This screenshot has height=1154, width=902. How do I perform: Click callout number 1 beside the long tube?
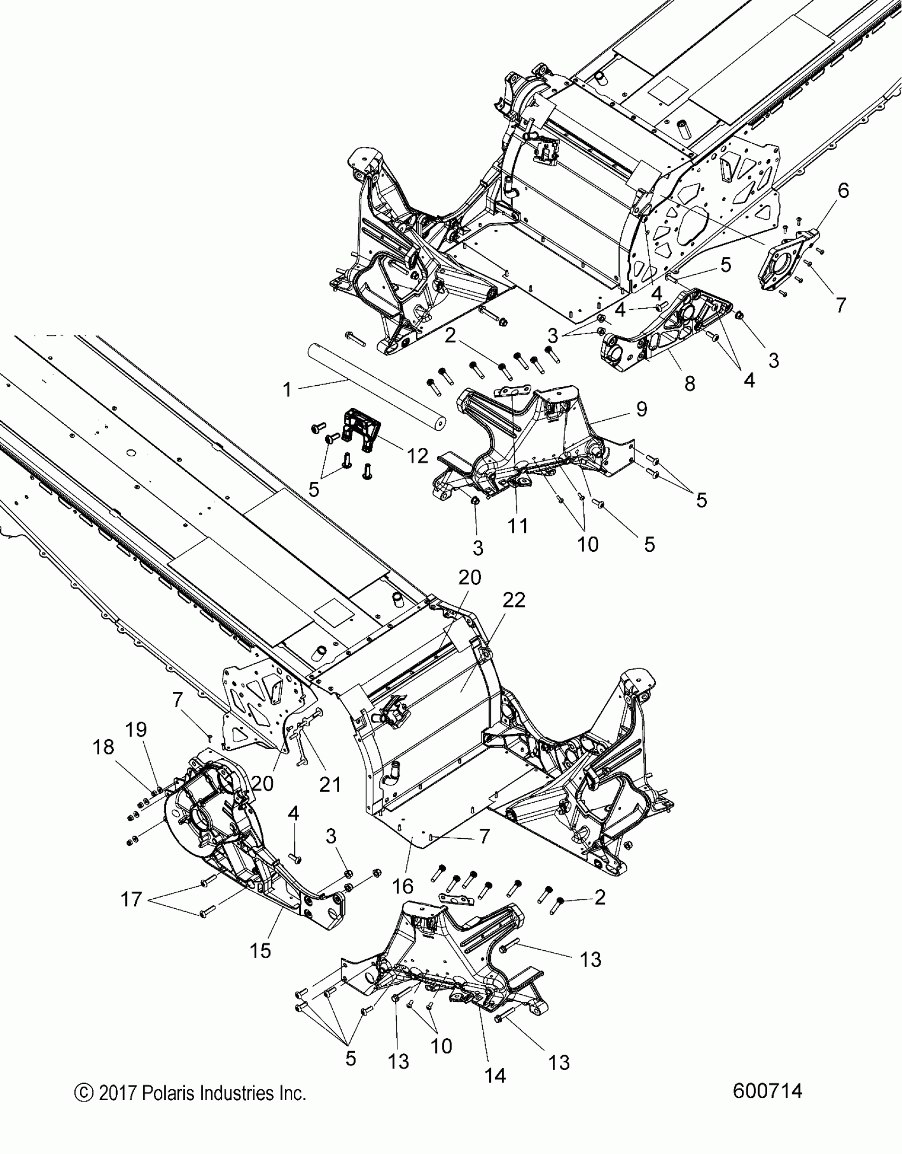click(287, 390)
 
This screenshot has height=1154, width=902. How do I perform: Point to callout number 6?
click(843, 190)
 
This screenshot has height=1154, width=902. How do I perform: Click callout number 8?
click(689, 383)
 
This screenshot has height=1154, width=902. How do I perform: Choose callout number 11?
click(518, 526)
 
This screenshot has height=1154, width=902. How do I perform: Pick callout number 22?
click(514, 600)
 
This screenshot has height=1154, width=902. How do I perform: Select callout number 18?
click(103, 747)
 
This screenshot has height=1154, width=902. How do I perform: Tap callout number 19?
click(136, 730)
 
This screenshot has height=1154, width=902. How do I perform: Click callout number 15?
click(260, 950)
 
